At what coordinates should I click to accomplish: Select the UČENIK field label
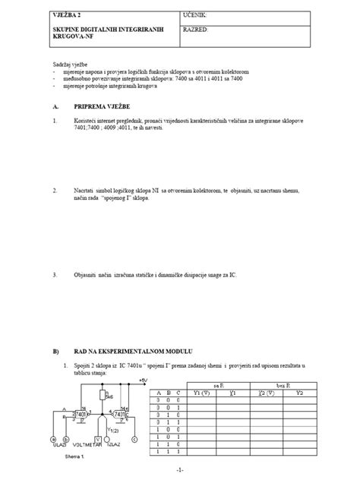coord(198,15)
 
